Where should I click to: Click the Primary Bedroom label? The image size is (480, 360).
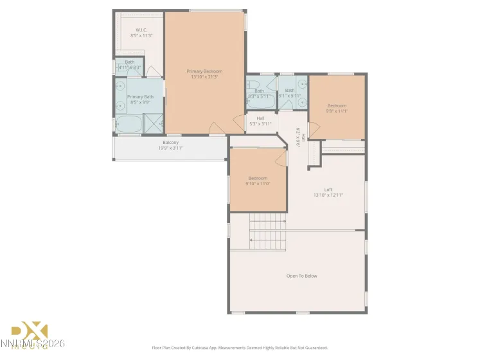coord(204,71)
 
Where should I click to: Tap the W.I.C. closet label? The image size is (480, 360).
coord(141,30)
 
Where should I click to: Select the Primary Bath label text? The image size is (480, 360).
coord(139,96)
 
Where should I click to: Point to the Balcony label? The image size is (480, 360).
coord(170,142)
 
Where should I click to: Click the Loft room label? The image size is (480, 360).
coord(328,190)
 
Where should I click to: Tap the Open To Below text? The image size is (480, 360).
coord(301,276)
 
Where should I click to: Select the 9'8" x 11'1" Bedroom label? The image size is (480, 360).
coord(337,106)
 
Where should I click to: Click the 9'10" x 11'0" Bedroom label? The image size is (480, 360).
coord(258,178)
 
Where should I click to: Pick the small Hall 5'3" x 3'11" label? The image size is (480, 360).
coord(260,118)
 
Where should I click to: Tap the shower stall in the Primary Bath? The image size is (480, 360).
coord(153,123)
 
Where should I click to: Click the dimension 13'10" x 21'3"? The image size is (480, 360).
coord(204,77)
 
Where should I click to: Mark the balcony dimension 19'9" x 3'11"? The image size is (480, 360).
coord(170,148)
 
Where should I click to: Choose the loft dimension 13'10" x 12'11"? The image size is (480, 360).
coord(328,195)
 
